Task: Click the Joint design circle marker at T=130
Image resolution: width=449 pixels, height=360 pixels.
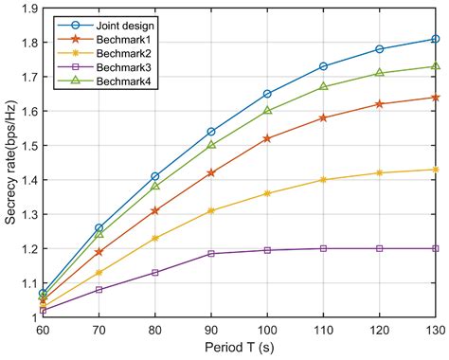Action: coord(435,39)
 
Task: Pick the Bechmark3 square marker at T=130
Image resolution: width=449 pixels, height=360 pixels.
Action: coord(435,248)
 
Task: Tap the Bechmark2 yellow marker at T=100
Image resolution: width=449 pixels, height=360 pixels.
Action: coord(267,193)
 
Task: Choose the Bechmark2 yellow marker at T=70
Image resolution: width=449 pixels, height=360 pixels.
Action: coord(99,273)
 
